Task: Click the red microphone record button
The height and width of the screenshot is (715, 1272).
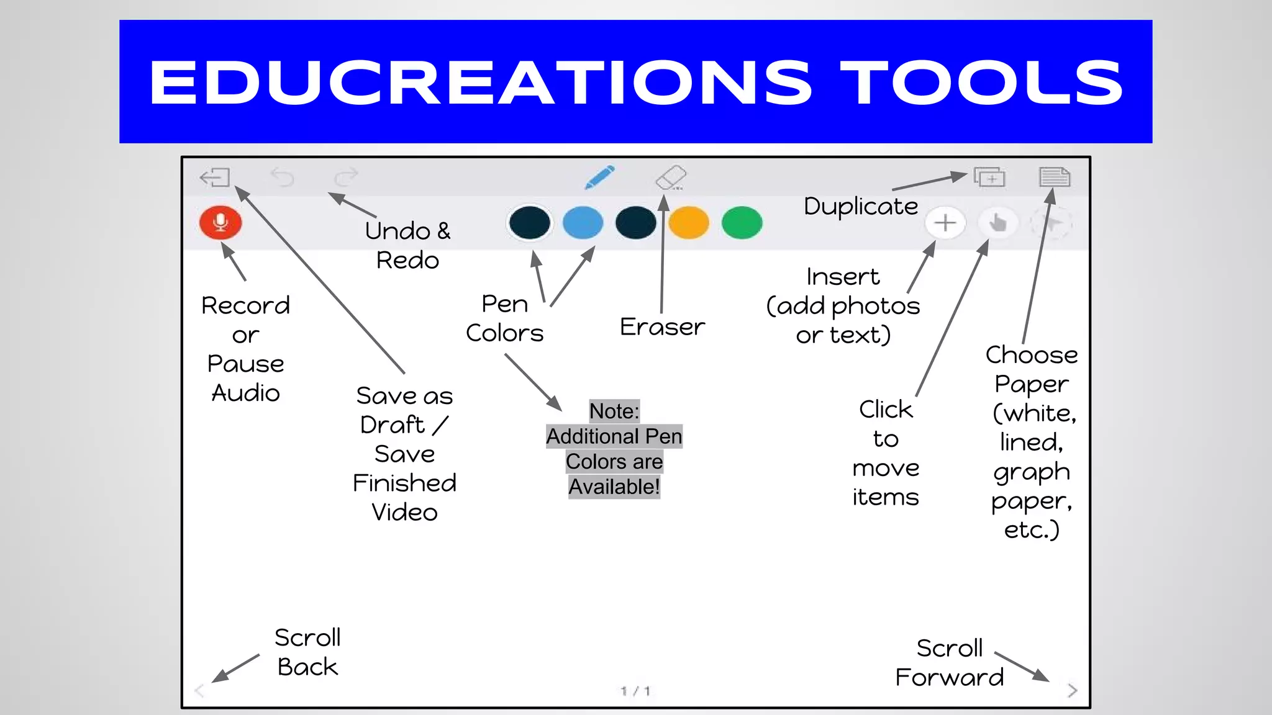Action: pos(220,222)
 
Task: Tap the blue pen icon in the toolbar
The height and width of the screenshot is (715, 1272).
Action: pos(600,177)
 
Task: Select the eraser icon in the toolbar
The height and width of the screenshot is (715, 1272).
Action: pos(671,178)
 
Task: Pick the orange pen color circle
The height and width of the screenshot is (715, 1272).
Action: pos(689,223)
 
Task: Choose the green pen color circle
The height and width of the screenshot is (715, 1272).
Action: pos(742,223)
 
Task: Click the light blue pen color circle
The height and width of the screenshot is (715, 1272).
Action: pos(583,223)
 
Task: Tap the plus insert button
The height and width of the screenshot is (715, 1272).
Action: pos(945,223)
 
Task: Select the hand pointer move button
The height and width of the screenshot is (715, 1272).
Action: pos(997,223)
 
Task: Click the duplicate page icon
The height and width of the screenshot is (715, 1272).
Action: pos(989,178)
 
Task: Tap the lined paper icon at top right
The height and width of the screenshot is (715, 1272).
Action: pos(1055,177)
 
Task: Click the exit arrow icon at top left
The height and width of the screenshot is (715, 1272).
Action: pos(215,178)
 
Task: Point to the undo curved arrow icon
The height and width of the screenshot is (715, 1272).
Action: pos(283,178)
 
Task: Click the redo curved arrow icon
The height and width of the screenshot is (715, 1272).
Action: pos(346,178)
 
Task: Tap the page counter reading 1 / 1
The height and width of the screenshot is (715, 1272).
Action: pos(635,691)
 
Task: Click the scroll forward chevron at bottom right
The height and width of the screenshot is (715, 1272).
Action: pos(1073,690)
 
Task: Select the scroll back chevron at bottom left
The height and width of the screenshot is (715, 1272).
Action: pos(199,690)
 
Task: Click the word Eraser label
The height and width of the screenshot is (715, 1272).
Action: pos(662,326)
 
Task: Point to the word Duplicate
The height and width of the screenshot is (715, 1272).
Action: pos(860,206)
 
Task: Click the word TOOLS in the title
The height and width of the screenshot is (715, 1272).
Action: pos(982,83)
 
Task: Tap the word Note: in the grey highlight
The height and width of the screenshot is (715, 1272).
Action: pos(614,411)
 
